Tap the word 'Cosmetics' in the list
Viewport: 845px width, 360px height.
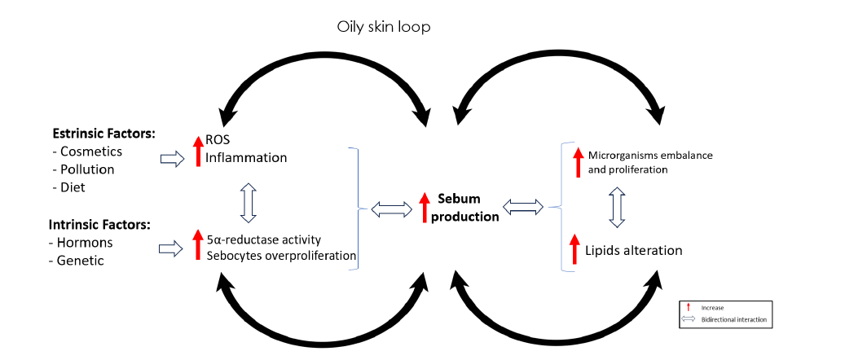(91, 151)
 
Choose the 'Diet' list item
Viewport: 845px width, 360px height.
(75, 187)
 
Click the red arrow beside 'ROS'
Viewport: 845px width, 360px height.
(197, 151)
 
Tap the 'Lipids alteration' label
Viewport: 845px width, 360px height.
(633, 250)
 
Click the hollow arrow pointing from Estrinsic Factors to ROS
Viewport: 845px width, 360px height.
(174, 159)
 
